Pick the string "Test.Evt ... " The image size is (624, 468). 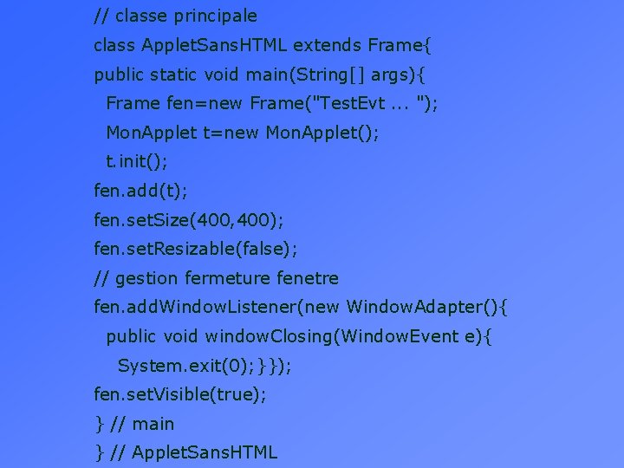(371, 103)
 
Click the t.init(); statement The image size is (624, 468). (137, 161)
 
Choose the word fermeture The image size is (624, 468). (227, 278)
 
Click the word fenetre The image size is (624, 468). (308, 278)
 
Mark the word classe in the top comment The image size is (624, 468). (143, 16)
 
